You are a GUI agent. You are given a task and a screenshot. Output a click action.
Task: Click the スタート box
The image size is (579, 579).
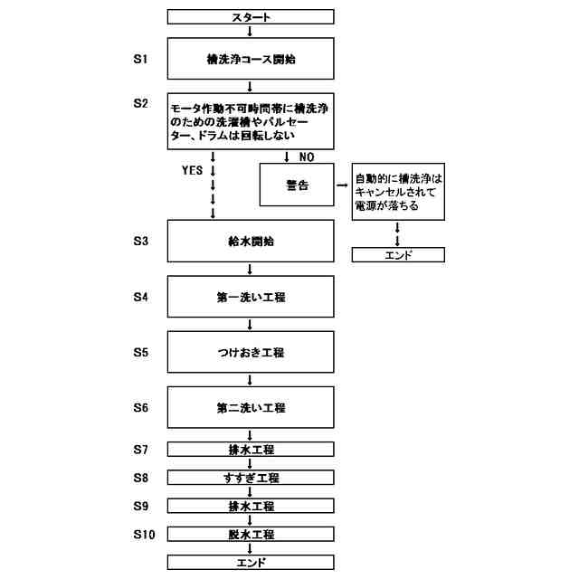point(251,16)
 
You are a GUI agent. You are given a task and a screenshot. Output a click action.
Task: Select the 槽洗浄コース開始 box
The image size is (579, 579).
point(251,60)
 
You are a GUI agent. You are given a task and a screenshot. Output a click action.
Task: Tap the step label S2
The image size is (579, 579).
point(140,103)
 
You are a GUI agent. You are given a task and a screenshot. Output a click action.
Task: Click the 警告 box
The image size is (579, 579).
point(297,185)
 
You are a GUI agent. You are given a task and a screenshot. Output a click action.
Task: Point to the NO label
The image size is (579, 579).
point(306,157)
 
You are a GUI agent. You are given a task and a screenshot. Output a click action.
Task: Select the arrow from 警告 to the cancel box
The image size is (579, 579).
point(343,185)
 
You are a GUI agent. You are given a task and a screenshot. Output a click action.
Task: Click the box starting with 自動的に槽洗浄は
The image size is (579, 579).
point(398,193)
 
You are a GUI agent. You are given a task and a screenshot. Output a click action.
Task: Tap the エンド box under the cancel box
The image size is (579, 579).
point(398,255)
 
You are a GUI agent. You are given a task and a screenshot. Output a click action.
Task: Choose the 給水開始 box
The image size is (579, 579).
point(251,242)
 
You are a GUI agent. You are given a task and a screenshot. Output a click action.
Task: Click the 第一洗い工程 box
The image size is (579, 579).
point(251,297)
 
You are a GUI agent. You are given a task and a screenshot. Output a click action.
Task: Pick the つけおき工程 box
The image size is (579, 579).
point(251,352)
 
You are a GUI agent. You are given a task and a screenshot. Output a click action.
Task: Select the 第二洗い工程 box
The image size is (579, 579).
point(251,408)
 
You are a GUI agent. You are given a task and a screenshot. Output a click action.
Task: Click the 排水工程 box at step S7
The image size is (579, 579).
point(251,450)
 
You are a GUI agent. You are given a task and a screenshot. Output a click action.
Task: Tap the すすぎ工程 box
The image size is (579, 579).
point(251,478)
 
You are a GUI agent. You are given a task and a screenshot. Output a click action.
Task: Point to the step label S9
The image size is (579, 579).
point(140,506)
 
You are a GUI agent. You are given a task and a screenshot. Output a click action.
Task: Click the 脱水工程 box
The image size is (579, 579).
point(251,534)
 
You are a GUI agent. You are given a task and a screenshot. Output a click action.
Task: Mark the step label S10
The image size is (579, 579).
point(143,534)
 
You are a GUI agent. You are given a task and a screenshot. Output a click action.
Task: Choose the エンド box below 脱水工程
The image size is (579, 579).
point(251,562)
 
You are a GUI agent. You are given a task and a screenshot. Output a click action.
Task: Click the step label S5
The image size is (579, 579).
point(140,352)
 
